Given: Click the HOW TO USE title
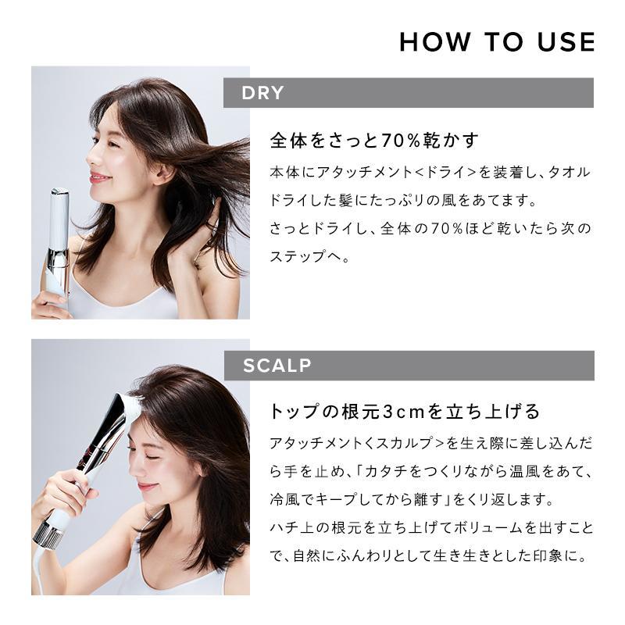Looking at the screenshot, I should coord(497,41).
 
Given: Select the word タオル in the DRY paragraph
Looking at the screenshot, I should coord(573,171).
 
